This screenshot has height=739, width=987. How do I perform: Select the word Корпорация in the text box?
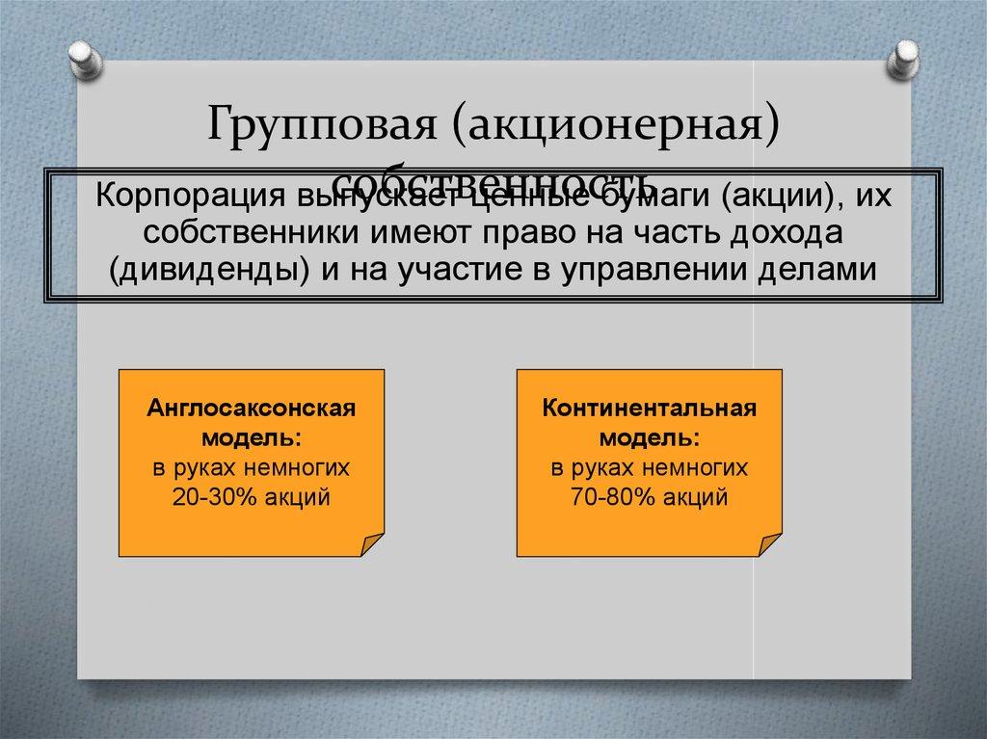tap(180, 197)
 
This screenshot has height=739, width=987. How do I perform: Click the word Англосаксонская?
tap(252, 408)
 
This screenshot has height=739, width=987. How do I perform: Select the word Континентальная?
tap(649, 408)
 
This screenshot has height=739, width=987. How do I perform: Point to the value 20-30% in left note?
tap(217, 498)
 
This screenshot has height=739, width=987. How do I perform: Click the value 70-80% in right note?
tap(615, 498)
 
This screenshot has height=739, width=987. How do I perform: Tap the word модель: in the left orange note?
tap(251, 437)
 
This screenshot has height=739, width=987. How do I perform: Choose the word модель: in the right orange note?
tap(649, 437)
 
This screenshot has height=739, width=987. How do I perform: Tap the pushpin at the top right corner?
tap(905, 58)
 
